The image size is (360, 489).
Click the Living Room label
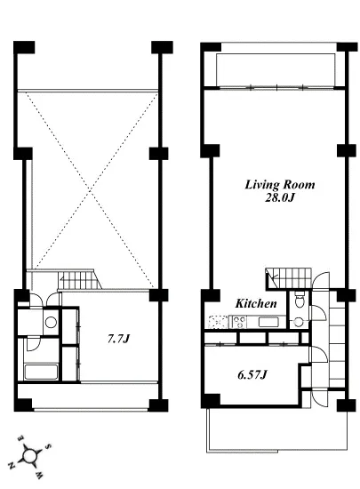pos(280,185)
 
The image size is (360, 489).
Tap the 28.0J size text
pos(279,197)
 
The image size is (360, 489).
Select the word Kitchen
pos(256,303)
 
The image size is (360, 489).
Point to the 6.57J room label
pos(252,374)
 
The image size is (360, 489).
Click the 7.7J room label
pos(118,339)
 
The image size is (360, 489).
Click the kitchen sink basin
pos(268,322)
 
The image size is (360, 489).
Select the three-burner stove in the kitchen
pos(239,322)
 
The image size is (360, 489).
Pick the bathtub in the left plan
pos(41,372)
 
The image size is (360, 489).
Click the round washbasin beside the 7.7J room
pos(51,322)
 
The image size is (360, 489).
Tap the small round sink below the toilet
pos(299,322)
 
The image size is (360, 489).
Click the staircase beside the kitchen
pos(289,279)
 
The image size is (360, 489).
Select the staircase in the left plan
pos(80,280)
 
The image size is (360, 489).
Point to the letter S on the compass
pos(48,446)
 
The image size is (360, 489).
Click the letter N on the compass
pos(12,466)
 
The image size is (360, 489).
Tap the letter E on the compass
pos(20,437)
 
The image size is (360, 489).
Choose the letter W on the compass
pos(40,476)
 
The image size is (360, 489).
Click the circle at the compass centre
pos(30,456)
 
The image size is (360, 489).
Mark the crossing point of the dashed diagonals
pos(91,189)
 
